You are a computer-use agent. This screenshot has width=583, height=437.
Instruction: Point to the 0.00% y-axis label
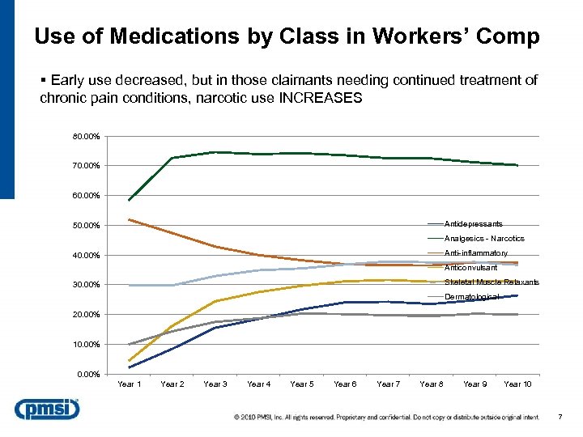click(87, 374)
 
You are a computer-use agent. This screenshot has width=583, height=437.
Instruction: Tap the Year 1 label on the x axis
click(130, 384)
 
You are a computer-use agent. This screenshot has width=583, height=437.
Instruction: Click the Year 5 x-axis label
click(302, 384)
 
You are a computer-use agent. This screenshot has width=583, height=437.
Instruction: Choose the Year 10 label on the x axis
click(517, 384)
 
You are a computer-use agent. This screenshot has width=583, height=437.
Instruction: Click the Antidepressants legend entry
click(473, 224)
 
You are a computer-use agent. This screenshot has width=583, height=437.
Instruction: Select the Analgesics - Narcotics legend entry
click(484, 239)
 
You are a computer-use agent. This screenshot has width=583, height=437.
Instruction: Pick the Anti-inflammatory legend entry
click(475, 253)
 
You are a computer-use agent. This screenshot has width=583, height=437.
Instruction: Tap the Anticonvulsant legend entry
click(471, 268)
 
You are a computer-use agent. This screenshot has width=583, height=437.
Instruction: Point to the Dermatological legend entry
click(471, 297)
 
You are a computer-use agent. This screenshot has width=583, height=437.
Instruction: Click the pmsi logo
click(46, 410)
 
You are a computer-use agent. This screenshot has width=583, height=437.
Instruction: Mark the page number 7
click(560, 417)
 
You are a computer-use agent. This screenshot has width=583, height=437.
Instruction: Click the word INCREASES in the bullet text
click(321, 98)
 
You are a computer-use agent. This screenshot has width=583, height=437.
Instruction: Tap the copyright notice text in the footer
click(386, 418)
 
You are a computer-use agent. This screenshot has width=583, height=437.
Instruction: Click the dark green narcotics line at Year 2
click(172, 158)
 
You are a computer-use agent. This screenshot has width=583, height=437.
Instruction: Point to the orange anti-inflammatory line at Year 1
click(130, 219)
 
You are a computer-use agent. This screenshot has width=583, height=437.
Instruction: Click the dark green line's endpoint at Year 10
click(517, 165)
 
